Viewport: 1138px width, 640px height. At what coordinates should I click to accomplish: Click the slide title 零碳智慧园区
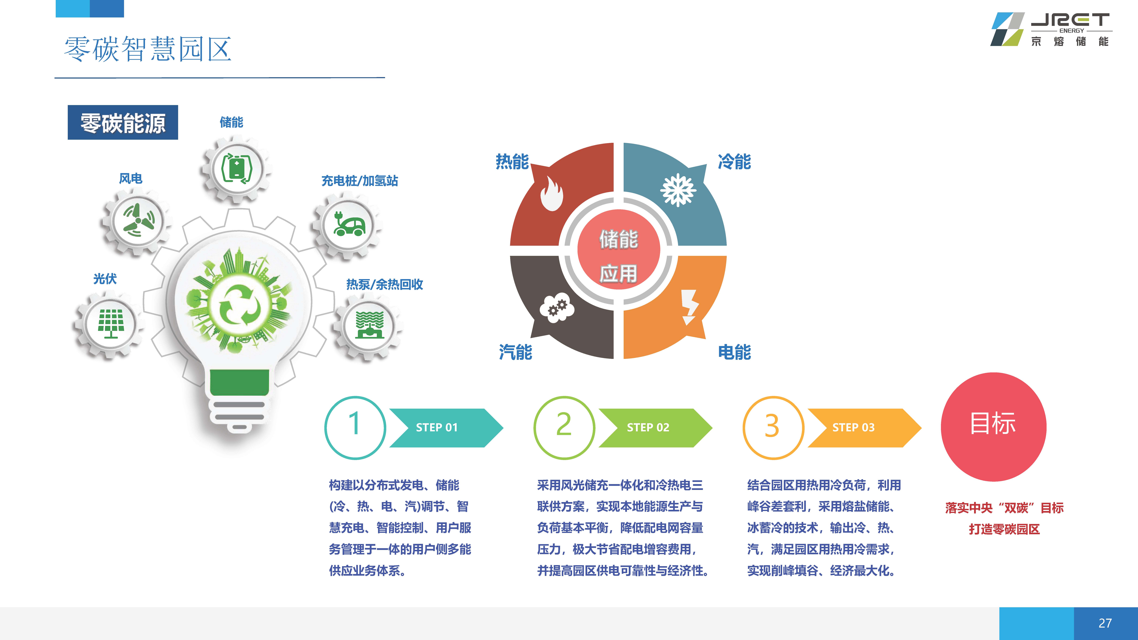[148, 49]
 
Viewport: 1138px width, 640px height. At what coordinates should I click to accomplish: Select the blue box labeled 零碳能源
[123, 122]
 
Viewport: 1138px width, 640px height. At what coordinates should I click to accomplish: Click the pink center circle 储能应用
[619, 250]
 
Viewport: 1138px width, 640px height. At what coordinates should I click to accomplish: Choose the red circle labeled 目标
[994, 427]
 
